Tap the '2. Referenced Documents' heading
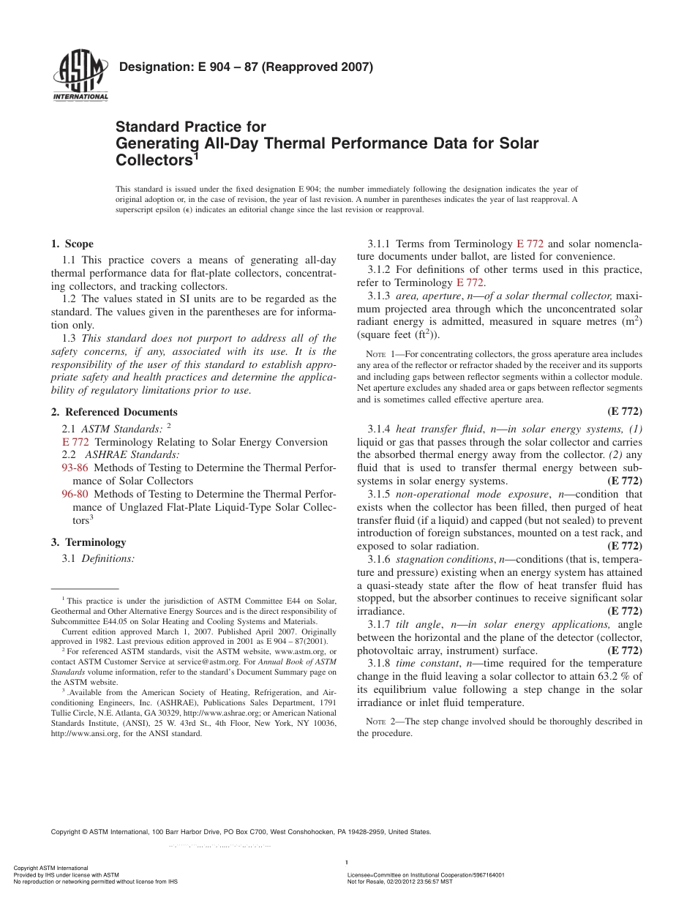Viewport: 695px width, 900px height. pyautogui.click(x=114, y=412)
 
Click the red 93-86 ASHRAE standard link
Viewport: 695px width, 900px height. pyautogui.click(x=75, y=468)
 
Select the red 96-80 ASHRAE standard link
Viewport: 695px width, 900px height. pyautogui.click(x=75, y=494)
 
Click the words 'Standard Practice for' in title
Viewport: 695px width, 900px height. pyautogui.click(x=191, y=127)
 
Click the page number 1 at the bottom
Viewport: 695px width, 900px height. pyautogui.click(x=346, y=861)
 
